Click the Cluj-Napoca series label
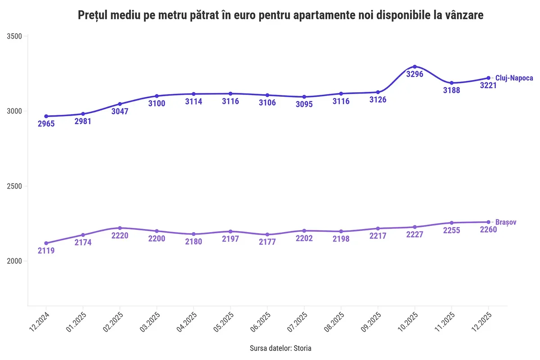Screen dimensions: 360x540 point(514,78)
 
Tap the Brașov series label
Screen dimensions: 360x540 point(505,222)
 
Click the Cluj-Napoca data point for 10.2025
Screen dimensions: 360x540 point(415,67)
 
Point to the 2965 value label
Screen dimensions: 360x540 point(46,124)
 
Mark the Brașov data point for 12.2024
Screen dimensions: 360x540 point(46,243)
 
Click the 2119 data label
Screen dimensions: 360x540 point(46,251)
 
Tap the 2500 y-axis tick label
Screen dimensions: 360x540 point(15,186)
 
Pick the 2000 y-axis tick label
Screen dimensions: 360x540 point(15,261)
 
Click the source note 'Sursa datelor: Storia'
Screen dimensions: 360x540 point(280,348)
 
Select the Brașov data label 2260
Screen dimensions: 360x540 point(488,230)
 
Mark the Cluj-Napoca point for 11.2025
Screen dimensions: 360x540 point(452,83)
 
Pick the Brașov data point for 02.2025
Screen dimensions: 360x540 point(120,228)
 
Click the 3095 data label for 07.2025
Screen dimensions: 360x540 point(304,104)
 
